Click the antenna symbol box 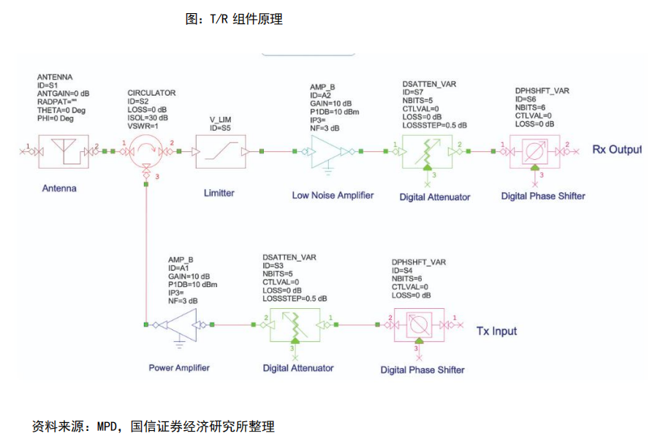pyautogui.click(x=64, y=151)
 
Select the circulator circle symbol pyautogui.click(x=147, y=152)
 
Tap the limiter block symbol pyautogui.click(x=219, y=152)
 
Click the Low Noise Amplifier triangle pyautogui.click(x=330, y=152)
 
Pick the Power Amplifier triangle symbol pyautogui.click(x=179, y=324)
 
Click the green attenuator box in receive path pyautogui.click(x=426, y=152)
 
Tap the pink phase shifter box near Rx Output pyautogui.click(x=534, y=152)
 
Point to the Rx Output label pyautogui.click(x=616, y=150)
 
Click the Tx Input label pyautogui.click(x=496, y=331)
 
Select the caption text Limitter pyautogui.click(x=219, y=192)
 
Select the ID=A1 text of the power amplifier pyautogui.click(x=181, y=268)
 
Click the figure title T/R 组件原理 pyautogui.click(x=234, y=20)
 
